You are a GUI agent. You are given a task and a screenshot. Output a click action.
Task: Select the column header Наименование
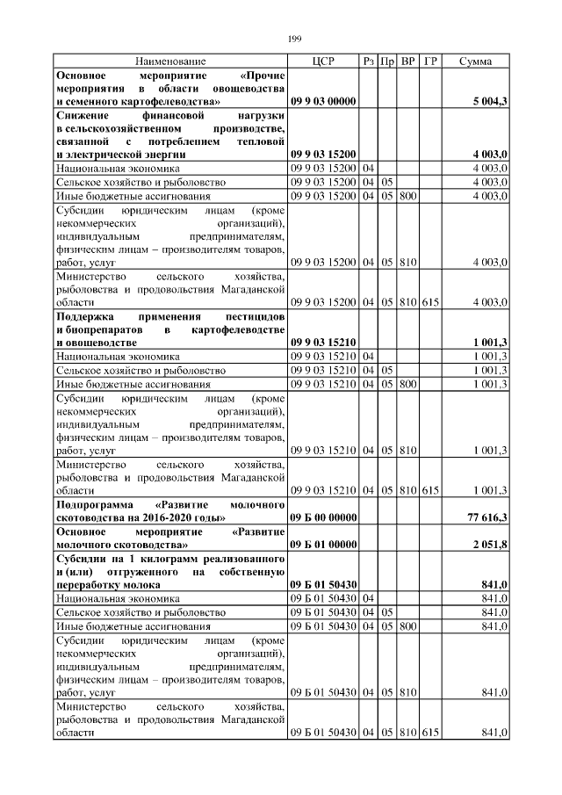pos(170,61)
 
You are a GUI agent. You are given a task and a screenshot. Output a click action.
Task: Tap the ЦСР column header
pos(323,61)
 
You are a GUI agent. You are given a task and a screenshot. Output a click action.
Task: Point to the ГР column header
pos(429,61)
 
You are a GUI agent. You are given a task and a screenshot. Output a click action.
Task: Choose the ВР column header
pos(408,61)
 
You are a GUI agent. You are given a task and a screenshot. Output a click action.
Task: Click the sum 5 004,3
pos(490,103)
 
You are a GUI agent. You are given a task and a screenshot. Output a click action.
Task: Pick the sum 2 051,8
pos(490,545)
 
